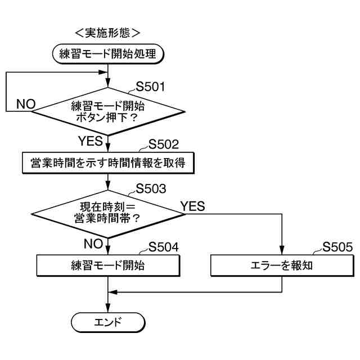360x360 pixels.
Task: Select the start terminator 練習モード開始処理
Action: [107, 54]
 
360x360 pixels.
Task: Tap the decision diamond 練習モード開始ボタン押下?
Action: [107, 111]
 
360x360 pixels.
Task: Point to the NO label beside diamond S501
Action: [26, 104]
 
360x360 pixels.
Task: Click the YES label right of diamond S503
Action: [192, 206]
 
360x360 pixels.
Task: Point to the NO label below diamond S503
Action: [93, 244]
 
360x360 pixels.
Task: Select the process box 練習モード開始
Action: [107, 265]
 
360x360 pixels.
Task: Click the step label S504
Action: [163, 247]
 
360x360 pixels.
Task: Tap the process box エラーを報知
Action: [281, 265]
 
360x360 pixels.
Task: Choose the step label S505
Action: [337, 247]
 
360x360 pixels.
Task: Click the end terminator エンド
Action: [107, 322]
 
